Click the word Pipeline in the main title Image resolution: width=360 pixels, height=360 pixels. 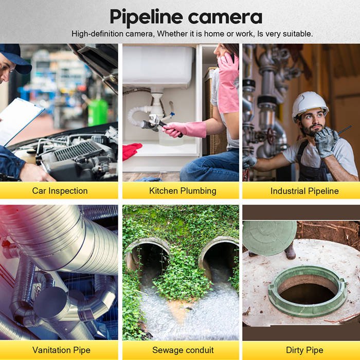pos(146,17)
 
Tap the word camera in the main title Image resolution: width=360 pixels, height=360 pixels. pos(225,17)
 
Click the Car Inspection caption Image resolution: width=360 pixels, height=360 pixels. pos(60,191)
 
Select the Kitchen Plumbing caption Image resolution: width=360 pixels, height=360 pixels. pos(183,191)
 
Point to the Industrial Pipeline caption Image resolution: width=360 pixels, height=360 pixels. pos(304,191)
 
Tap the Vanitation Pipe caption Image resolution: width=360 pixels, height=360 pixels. pos(61,350)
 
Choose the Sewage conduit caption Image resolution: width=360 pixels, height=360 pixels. pos(183,350)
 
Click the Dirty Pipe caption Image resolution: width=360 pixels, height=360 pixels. pos(304,350)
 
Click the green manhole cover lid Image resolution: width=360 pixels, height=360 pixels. pos(269,238)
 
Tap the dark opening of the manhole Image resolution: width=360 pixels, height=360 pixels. pos(308,294)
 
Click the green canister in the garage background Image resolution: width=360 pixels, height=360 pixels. pos(98,113)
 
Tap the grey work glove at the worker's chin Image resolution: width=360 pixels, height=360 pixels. pos(326,142)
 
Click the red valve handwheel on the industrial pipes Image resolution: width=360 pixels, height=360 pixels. pos(272,135)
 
